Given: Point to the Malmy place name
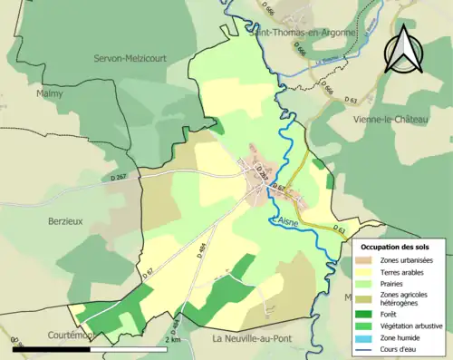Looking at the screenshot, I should click(51, 92).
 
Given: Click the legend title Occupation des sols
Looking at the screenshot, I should click(394, 247).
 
